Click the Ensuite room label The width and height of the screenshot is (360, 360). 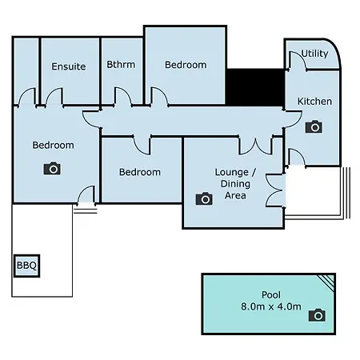69,66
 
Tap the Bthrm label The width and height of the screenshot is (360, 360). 121,65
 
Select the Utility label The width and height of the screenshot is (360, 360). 314,54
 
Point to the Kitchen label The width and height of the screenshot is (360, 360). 314,102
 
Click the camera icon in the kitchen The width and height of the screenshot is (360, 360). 314,126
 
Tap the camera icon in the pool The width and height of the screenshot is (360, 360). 317,315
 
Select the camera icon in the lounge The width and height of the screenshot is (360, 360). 204,198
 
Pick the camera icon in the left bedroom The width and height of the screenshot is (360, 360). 52,168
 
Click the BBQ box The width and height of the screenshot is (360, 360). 26,266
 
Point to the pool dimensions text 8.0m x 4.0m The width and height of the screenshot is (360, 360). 271,306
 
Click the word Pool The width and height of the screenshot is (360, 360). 271,295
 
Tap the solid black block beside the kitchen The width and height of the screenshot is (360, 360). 255,87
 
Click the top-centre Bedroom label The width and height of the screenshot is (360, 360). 186,65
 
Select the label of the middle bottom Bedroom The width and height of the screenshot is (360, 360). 140,172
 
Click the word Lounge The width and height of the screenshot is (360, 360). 232,173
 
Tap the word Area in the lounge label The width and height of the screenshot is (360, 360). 235,195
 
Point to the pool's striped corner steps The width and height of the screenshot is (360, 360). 326,282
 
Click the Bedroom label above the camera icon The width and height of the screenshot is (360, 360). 53,145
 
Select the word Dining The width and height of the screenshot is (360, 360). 235,184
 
